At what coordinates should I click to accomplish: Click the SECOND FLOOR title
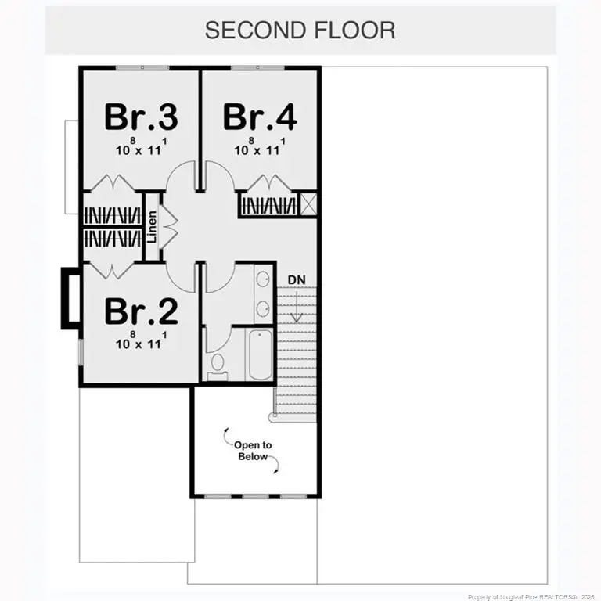click(x=300, y=30)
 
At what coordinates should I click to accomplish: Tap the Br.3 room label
click(x=141, y=117)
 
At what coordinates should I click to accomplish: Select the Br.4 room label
click(x=259, y=117)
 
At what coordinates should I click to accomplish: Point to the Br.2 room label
click(x=141, y=311)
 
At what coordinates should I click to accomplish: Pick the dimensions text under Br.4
click(x=259, y=148)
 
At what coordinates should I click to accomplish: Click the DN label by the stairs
click(x=296, y=279)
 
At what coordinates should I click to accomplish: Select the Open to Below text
click(x=253, y=451)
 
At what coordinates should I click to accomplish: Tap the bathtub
click(x=259, y=354)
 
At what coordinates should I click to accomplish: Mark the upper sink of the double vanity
click(x=264, y=279)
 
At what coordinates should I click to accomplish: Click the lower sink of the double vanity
click(x=264, y=308)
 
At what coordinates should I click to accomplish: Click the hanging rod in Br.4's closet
click(x=268, y=205)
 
